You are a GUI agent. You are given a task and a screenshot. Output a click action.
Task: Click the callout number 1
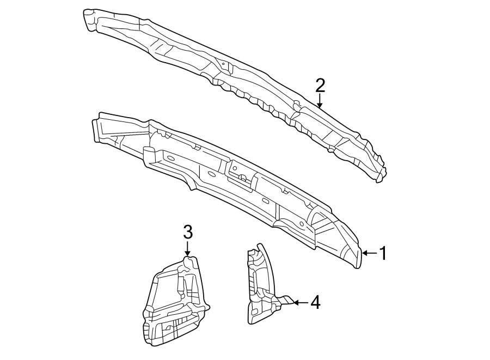click(x=383, y=253)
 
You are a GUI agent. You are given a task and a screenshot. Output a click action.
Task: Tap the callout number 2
click(x=320, y=85)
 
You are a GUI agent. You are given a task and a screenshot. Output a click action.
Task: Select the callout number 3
click(x=188, y=233)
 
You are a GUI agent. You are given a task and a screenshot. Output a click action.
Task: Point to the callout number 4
click(x=315, y=302)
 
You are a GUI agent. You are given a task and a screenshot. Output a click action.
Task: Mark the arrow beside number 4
click(x=297, y=302)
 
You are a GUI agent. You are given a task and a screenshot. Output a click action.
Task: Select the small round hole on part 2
click(x=223, y=64)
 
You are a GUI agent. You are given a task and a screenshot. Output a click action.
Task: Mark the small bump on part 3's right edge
click(x=207, y=308)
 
